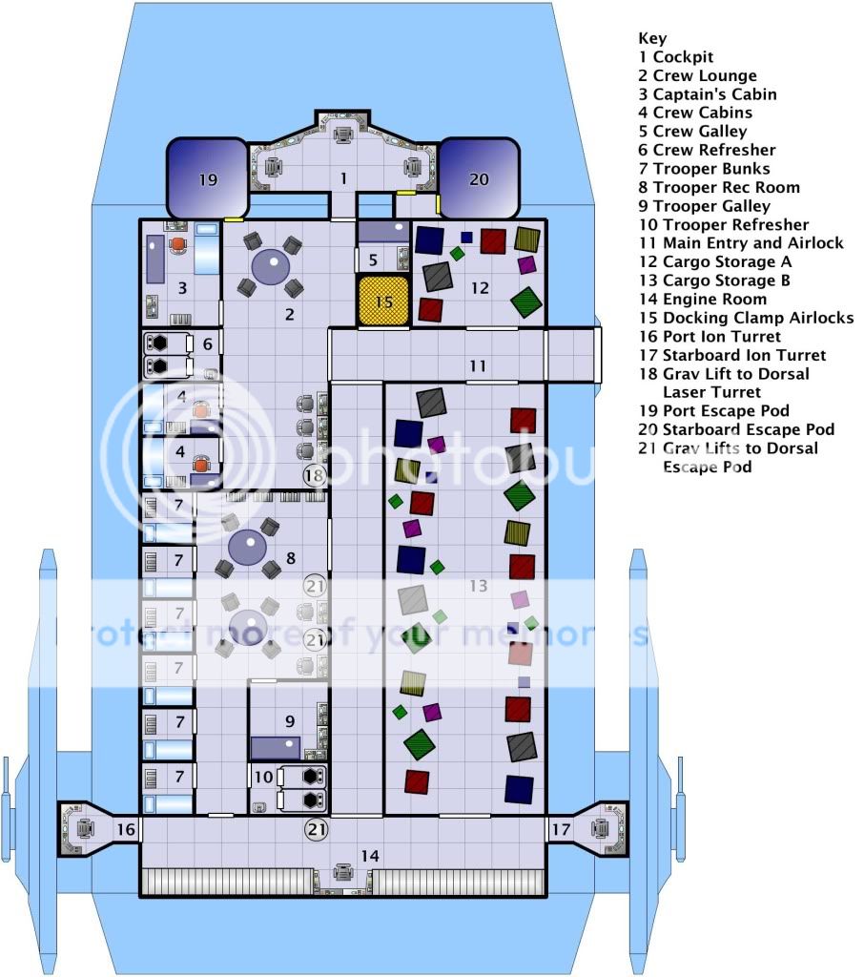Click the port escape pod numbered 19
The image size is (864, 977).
click(209, 179)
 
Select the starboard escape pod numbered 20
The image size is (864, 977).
click(478, 179)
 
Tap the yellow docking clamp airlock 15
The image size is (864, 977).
click(382, 301)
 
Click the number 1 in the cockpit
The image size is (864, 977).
click(344, 178)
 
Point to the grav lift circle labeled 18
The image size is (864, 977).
click(315, 474)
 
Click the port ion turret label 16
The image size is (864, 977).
click(126, 830)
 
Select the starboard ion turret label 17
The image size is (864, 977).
click(561, 830)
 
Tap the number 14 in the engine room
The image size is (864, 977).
click(370, 856)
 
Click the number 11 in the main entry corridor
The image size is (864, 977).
click(477, 365)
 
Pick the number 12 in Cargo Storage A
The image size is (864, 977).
click(480, 287)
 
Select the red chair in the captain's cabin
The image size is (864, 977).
click(177, 244)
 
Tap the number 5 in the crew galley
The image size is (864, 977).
click(375, 260)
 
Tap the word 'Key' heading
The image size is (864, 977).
click(652, 38)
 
